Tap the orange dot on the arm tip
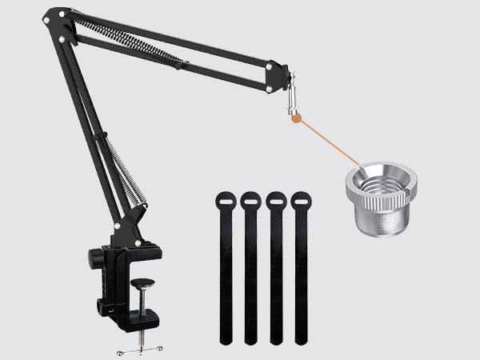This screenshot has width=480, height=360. click(x=295, y=120)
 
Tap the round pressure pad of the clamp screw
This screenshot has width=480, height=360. click(x=143, y=282)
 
